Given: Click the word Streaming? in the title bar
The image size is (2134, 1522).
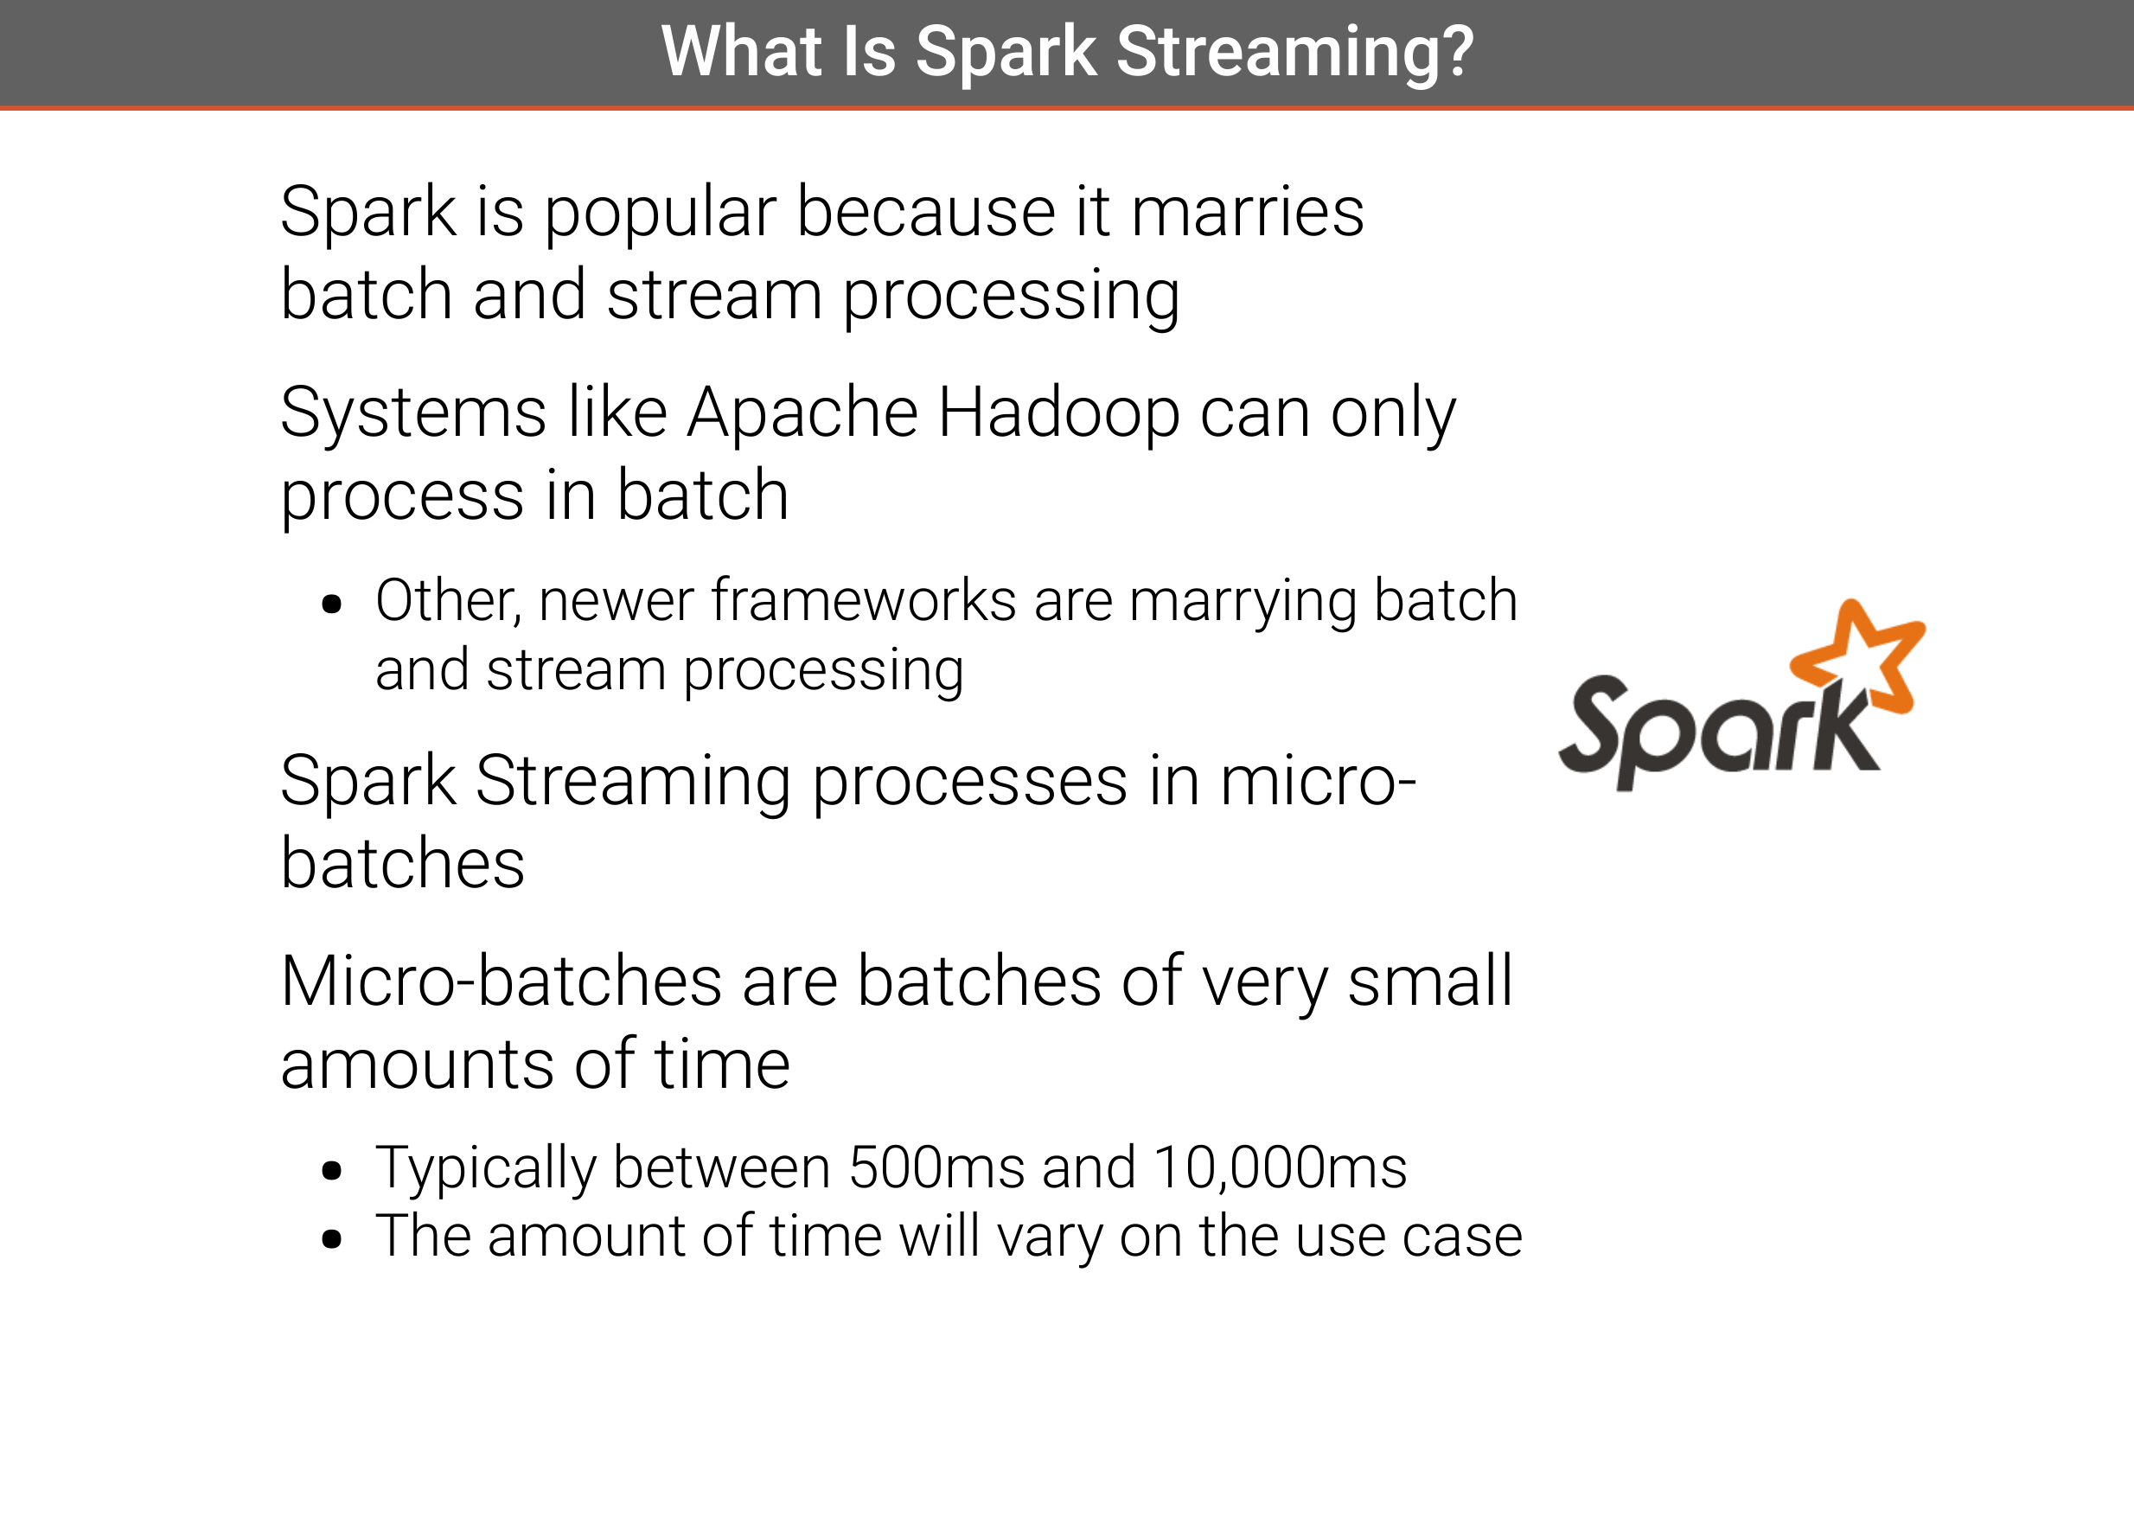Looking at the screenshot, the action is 1295,53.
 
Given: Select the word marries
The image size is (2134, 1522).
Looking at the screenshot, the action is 1248,212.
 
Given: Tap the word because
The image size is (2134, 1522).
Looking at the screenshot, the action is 926,212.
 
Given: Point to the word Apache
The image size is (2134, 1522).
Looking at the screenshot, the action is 802,414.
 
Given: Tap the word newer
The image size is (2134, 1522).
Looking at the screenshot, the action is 616,601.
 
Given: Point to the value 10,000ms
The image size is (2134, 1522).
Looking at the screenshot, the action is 1281,1167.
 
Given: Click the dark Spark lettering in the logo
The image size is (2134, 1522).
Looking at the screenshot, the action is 1718,731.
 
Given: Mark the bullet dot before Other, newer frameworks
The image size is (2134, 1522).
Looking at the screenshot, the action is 331,604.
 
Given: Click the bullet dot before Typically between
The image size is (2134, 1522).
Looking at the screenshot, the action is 331,1171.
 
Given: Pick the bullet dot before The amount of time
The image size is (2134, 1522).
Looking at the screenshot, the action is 331,1240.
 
